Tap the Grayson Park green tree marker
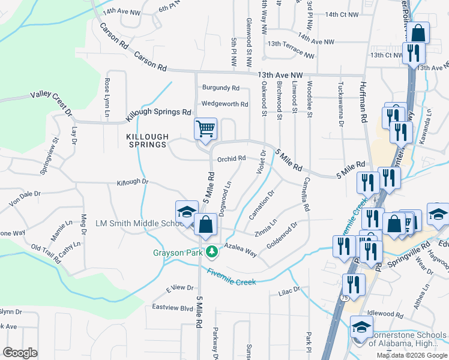(x=211, y=252)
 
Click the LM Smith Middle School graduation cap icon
(x=187, y=213)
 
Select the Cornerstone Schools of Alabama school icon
(x=361, y=328)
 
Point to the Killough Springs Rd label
(x=158, y=112)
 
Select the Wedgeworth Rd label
(x=224, y=104)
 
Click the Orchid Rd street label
(x=232, y=159)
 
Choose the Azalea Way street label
(x=240, y=250)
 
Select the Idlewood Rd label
(x=385, y=314)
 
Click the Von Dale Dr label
(x=24, y=194)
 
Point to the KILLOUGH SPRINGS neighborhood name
(x=146, y=140)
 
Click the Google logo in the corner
(x=20, y=353)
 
